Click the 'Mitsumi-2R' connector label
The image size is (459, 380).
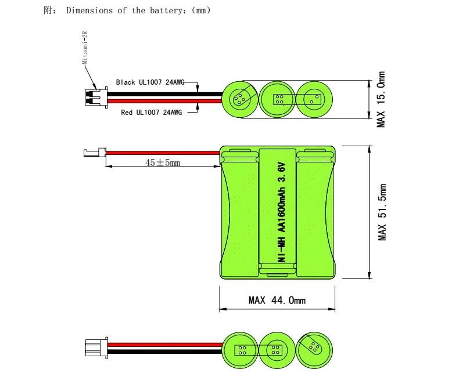85,48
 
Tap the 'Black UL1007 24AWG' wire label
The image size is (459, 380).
150,82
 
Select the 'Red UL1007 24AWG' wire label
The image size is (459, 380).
151,112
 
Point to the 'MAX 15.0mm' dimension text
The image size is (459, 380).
381,99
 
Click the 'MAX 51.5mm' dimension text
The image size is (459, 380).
382,212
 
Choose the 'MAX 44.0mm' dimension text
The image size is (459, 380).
277,300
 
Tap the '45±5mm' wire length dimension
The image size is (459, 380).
163,162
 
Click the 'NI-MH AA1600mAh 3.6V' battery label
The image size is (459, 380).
281,212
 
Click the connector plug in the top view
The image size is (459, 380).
96,97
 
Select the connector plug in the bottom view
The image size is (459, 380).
96,348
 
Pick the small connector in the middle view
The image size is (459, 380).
95,153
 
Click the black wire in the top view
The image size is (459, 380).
165,95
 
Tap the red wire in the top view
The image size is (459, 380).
165,101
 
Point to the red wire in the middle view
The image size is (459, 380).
163,153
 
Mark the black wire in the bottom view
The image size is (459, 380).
165,352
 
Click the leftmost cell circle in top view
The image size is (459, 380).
240,99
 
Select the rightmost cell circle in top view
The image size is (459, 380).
314,99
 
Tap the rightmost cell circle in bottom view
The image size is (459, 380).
314,350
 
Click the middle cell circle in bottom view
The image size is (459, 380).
277,350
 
